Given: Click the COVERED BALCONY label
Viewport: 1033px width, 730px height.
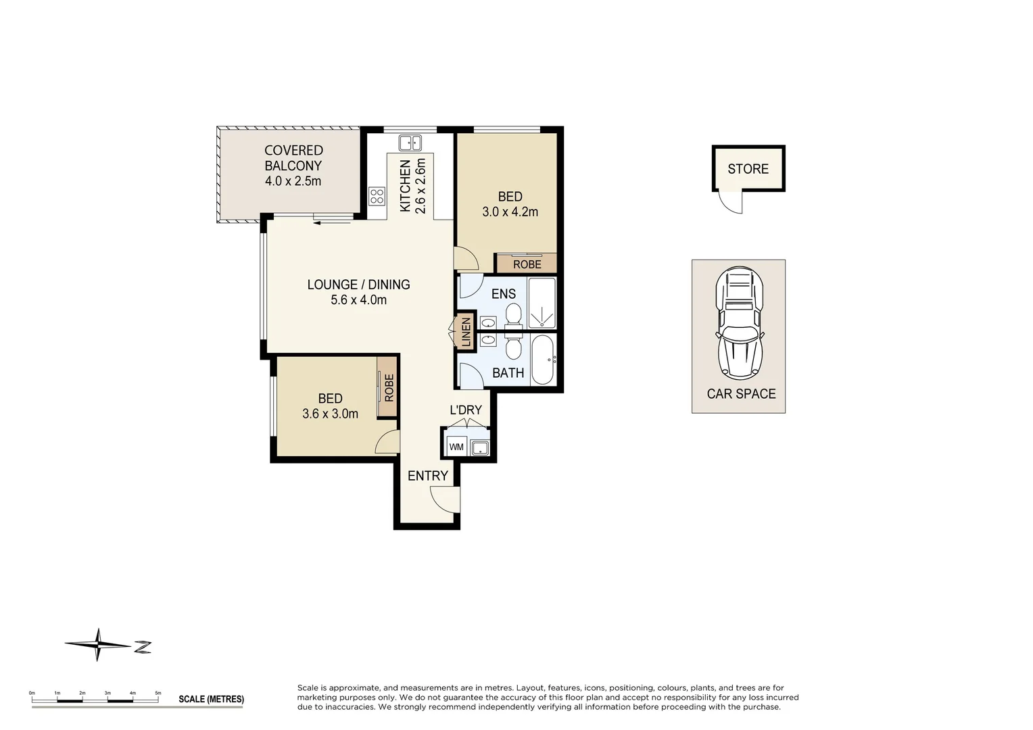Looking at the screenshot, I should pyautogui.click(x=293, y=158).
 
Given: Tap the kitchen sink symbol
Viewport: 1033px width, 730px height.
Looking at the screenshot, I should pyautogui.click(x=410, y=143).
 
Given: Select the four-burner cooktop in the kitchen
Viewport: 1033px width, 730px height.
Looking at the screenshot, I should pyautogui.click(x=377, y=196).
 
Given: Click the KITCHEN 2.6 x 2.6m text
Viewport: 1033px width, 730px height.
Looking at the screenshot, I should pyautogui.click(x=412, y=186).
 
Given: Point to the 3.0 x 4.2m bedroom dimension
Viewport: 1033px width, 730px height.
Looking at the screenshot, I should pyautogui.click(x=510, y=212).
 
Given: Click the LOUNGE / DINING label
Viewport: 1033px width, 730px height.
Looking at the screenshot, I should pyautogui.click(x=358, y=285).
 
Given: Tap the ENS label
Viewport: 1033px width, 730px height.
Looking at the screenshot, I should pyautogui.click(x=503, y=294).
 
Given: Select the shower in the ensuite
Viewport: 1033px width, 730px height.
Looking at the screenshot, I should pyautogui.click(x=542, y=303).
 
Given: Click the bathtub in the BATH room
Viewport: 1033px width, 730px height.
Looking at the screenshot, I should pyautogui.click(x=542, y=360).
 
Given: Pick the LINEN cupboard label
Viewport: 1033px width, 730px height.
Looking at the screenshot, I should pyautogui.click(x=466, y=332).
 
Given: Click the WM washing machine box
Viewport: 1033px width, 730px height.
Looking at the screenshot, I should pyautogui.click(x=456, y=447).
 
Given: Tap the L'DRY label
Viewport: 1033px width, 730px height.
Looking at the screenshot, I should pyautogui.click(x=466, y=410).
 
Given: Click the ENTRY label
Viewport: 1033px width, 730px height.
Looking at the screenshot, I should pyautogui.click(x=427, y=476).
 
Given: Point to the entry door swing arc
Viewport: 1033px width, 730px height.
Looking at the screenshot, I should pyautogui.click(x=445, y=499).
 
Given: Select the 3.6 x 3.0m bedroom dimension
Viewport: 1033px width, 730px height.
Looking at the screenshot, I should pyautogui.click(x=330, y=414).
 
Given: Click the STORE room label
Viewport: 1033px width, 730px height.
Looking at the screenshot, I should pyautogui.click(x=748, y=169).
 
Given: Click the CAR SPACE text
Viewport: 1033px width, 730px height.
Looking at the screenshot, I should pyautogui.click(x=741, y=394).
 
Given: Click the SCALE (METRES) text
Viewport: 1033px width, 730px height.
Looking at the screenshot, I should pyautogui.click(x=211, y=699).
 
